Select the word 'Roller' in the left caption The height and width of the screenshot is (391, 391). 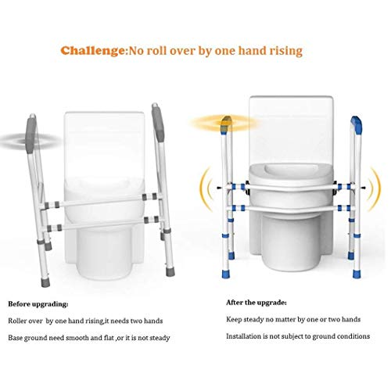(20, 320)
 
